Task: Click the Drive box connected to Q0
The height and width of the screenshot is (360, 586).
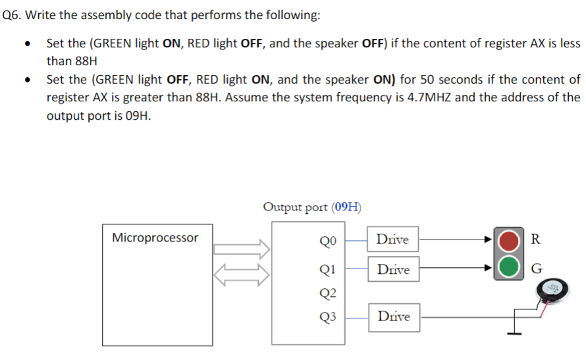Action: (x=393, y=240)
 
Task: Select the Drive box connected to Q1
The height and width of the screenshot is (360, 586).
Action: (x=393, y=269)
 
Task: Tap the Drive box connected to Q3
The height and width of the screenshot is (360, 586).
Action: (x=393, y=317)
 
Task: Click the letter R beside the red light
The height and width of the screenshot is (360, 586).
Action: (x=536, y=239)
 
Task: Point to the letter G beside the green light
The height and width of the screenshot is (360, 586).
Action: (x=536, y=269)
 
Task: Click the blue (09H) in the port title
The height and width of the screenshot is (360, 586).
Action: (x=346, y=207)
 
